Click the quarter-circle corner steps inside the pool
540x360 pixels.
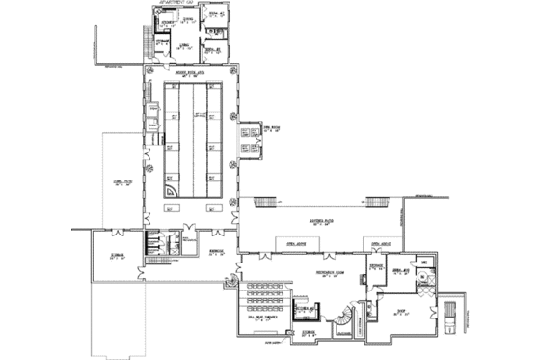[170, 192]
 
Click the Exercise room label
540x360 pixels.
[378, 263]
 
